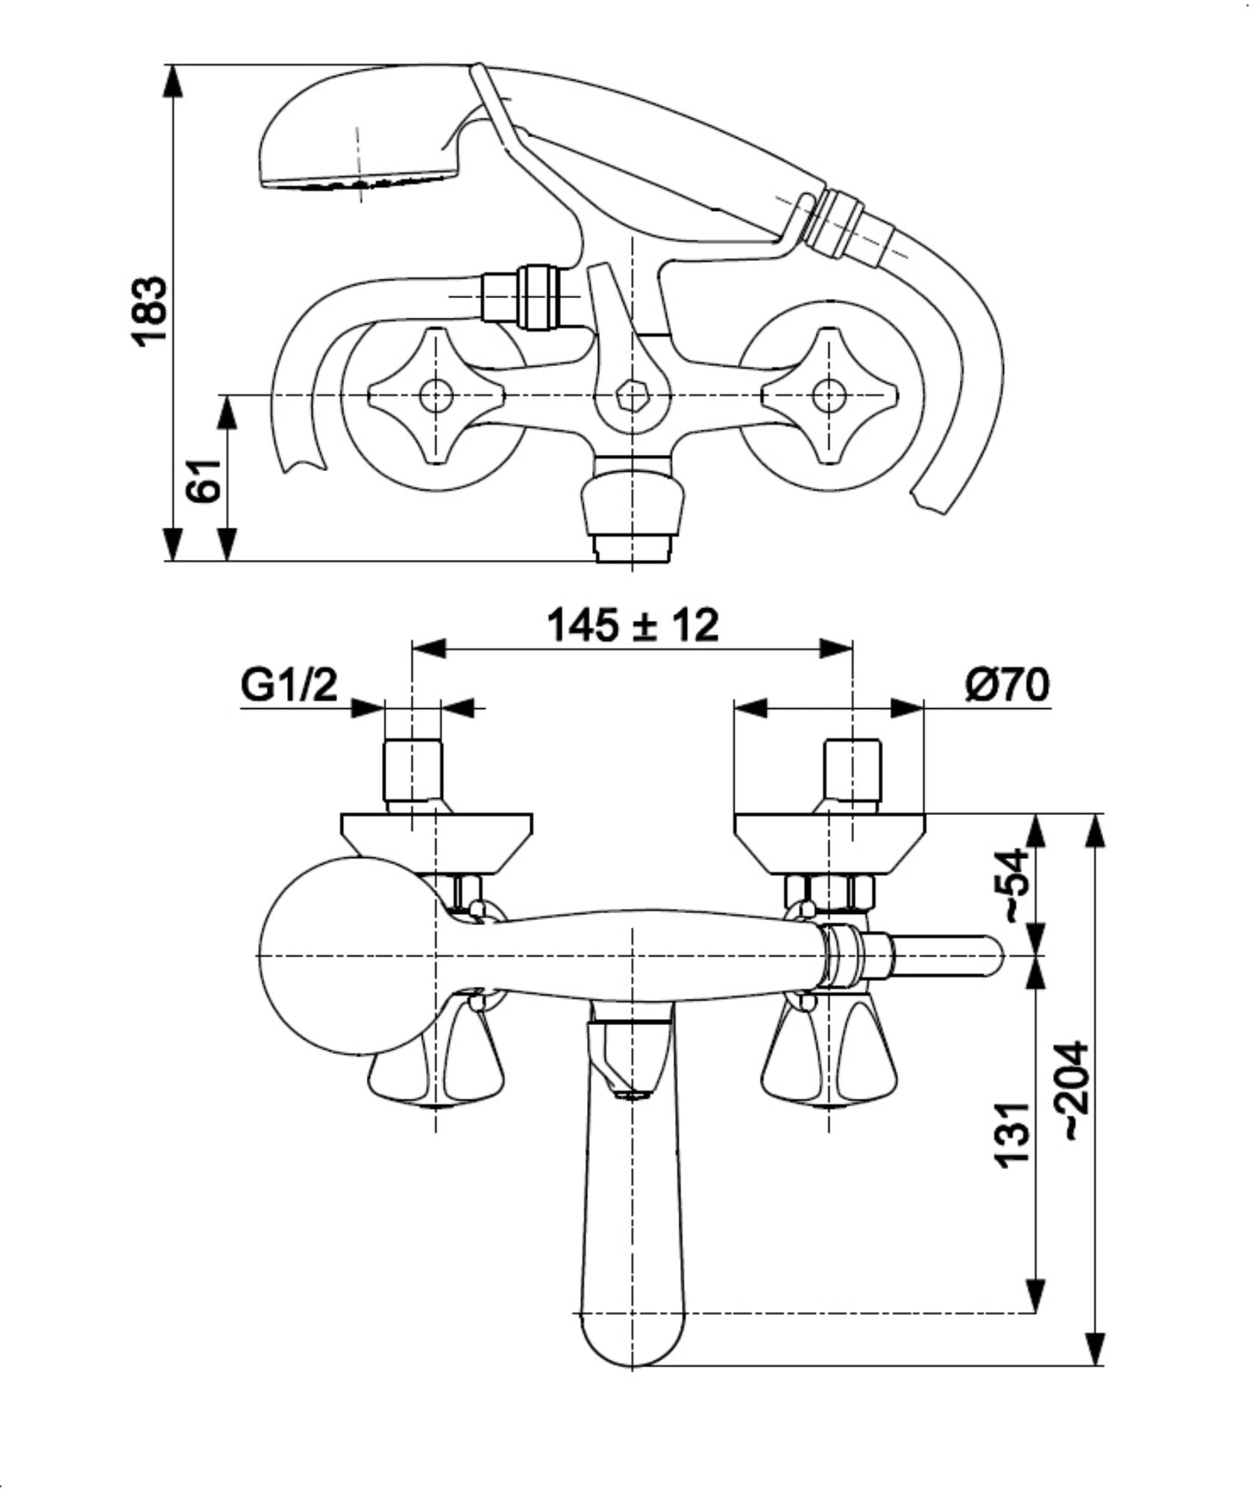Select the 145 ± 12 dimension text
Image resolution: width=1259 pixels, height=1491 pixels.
click(632, 625)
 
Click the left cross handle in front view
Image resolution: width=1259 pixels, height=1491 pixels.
click(436, 397)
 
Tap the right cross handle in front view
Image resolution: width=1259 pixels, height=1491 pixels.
click(829, 397)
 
